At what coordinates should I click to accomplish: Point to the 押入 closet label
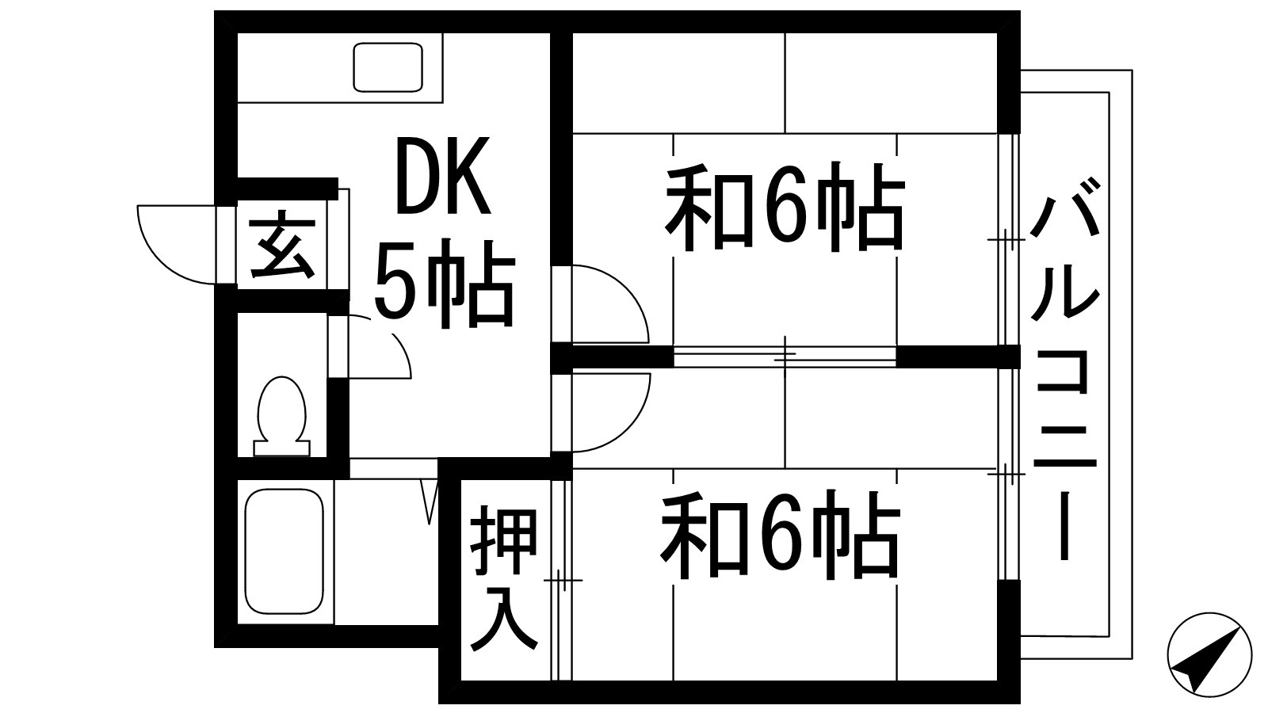[504, 582]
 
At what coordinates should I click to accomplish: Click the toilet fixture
[281, 416]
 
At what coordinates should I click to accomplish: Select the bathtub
[284, 551]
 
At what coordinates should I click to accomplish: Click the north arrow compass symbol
[1209, 654]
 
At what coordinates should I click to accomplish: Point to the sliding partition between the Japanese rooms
[785, 356]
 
